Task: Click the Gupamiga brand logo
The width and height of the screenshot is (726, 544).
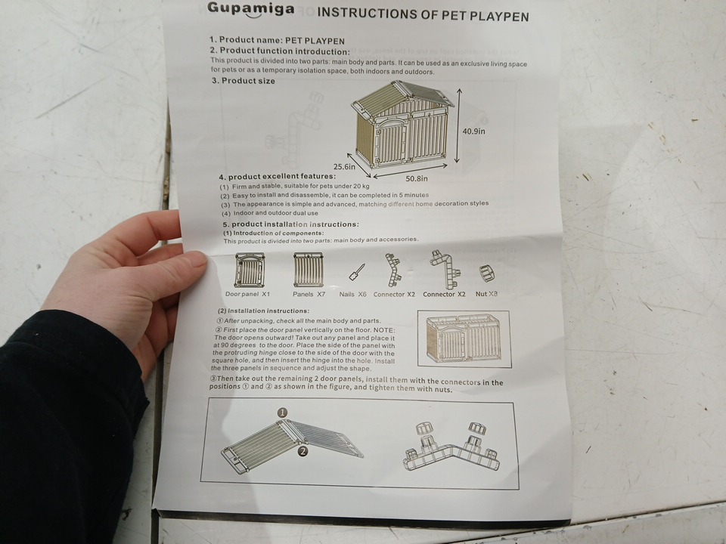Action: [x=250, y=9]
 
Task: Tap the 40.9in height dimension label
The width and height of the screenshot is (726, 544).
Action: [x=473, y=131]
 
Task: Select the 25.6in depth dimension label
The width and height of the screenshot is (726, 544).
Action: [x=345, y=166]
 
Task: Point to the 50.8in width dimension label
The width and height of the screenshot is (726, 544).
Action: [x=417, y=178]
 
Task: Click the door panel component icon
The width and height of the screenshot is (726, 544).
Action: [x=250, y=270]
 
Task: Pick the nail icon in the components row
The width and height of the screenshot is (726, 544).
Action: [x=356, y=272]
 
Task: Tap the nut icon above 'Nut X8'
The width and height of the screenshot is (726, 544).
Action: [x=486, y=274]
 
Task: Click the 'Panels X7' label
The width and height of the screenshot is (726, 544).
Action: [x=309, y=294]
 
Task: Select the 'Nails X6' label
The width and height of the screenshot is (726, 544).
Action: [x=352, y=294]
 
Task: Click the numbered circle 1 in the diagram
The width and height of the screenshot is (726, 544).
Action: [x=282, y=413]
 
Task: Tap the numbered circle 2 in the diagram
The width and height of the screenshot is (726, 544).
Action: [x=302, y=451]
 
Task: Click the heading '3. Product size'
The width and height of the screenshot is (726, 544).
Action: [x=243, y=81]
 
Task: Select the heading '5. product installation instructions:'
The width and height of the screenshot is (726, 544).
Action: [x=290, y=224]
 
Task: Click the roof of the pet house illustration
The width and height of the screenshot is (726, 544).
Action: [x=402, y=97]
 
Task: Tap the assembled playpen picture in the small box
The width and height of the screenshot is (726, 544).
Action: [x=464, y=338]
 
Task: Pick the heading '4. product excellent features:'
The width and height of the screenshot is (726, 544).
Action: [x=278, y=176]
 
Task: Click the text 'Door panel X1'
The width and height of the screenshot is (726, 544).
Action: [x=247, y=294]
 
